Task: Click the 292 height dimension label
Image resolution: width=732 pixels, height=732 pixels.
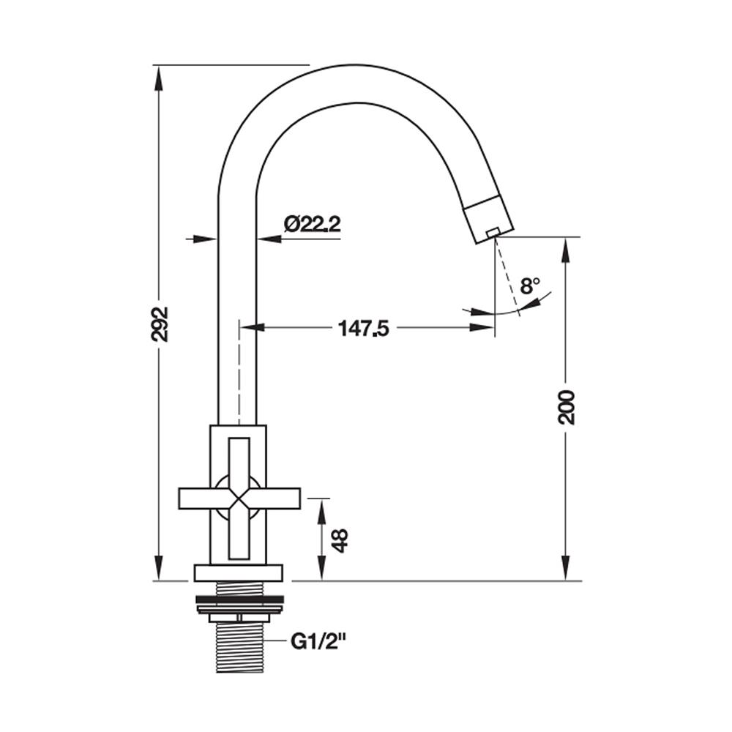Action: (160, 324)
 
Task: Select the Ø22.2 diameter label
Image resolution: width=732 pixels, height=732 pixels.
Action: (313, 225)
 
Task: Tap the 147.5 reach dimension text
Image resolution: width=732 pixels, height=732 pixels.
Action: (363, 329)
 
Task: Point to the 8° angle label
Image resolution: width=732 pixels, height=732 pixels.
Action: (530, 285)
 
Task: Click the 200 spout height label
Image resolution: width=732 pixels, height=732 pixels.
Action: (567, 406)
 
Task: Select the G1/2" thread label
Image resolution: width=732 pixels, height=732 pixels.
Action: (318, 643)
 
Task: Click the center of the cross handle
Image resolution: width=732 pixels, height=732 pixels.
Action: (239, 498)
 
